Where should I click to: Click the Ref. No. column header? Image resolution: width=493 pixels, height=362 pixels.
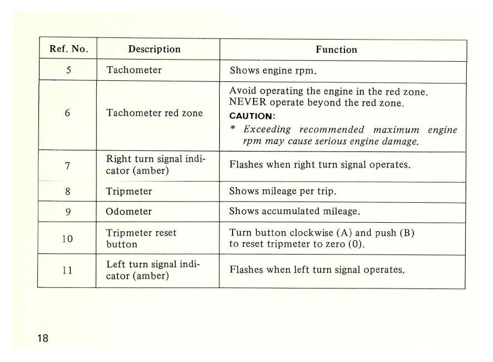[67, 49]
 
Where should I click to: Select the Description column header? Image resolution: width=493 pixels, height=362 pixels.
[154, 49]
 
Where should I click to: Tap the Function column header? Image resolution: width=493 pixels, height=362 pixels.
[336, 50]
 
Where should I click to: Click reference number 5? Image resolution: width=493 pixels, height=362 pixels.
[67, 71]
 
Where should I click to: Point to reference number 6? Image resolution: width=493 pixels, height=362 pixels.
[67, 113]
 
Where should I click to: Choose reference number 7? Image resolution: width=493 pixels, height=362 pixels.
[67, 166]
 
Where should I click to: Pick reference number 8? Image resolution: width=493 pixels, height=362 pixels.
[67, 191]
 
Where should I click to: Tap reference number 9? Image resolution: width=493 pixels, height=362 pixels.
[67, 212]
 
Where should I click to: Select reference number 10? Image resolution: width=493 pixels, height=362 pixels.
[67, 238]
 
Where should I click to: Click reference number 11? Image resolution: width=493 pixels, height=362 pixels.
[67, 271]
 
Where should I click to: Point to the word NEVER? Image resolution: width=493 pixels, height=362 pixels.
[246, 103]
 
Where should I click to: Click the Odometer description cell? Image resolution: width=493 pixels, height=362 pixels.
[129, 212]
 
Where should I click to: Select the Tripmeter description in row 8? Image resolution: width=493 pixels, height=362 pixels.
[129, 191]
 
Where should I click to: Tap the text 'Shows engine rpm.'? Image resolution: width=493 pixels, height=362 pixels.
[269, 71]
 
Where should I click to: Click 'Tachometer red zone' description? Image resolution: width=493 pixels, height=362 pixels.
[154, 113]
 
